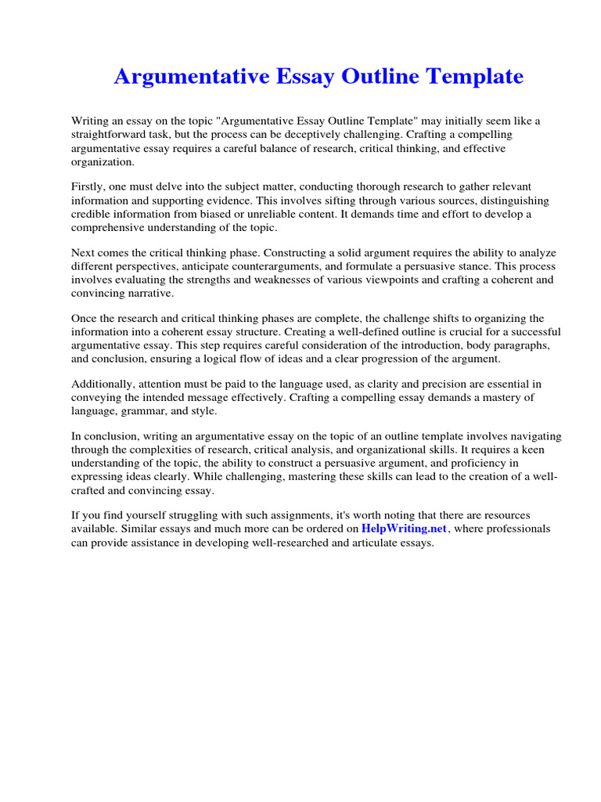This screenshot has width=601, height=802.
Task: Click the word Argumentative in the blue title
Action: tap(190, 77)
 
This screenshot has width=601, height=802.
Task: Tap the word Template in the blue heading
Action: tap(475, 77)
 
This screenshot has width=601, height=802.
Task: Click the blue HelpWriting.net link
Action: tap(404, 529)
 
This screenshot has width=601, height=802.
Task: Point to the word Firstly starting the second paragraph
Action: tap(88, 187)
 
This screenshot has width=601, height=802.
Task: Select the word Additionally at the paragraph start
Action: tap(102, 385)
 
